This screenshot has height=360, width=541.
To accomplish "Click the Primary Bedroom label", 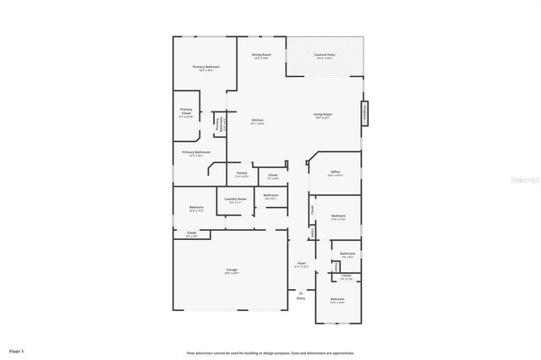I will [206, 68].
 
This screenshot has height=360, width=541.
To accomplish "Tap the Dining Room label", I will [260, 56].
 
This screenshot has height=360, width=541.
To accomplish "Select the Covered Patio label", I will [324, 56].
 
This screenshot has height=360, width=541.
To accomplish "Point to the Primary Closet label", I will [186, 111].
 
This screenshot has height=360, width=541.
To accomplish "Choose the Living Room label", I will [322, 115].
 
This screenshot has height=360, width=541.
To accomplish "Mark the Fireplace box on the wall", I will [366, 114].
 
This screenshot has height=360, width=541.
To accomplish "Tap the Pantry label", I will [242, 174].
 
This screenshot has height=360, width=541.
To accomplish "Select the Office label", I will [335, 172].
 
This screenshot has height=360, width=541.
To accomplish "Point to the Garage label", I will [232, 270].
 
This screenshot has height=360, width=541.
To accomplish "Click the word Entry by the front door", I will [301, 297].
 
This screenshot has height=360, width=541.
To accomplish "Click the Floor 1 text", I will [17, 350].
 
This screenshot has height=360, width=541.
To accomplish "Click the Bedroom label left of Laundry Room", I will [196, 208].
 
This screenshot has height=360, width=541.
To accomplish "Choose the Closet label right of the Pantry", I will [273, 177].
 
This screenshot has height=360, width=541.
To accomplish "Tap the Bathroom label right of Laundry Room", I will [270, 196].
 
